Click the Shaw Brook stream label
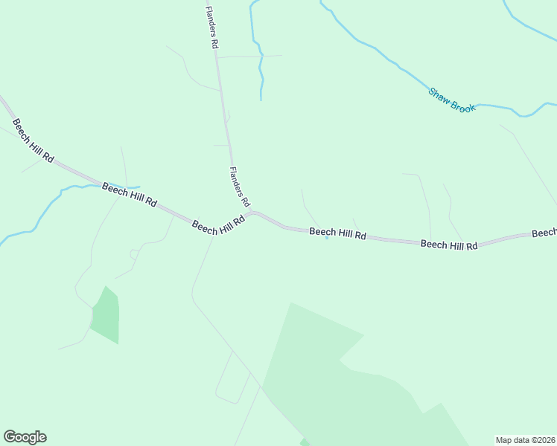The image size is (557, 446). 451,100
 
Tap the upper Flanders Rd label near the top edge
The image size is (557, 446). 212,28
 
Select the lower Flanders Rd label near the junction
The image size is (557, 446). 240,187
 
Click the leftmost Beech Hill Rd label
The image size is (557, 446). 33,140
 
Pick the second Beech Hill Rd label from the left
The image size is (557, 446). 130,194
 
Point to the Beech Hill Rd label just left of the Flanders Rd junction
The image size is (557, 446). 219,225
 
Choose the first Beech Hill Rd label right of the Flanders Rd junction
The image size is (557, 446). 337,233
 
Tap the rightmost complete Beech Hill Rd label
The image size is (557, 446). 448,244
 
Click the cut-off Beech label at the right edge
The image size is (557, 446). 544,233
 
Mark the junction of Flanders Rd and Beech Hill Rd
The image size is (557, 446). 253,213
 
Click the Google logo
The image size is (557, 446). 25,437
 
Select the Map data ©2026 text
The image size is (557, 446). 526,439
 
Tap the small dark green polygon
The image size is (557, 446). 106,316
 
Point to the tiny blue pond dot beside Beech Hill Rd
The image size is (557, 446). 327,238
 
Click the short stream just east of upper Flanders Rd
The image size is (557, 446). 261,63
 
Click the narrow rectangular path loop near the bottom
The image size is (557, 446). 233,378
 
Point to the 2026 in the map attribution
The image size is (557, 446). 544,439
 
